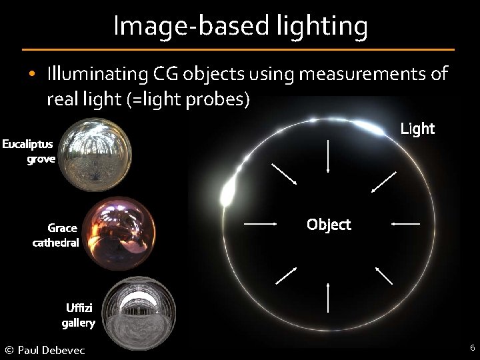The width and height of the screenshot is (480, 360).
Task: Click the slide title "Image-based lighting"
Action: [240, 26]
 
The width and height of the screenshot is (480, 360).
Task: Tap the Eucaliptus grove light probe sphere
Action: [93, 154]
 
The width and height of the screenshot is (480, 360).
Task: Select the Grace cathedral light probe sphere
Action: [120, 231]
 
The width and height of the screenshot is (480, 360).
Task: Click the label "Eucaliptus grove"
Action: [28, 151]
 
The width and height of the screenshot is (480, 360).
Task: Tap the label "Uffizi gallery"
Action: [79, 315]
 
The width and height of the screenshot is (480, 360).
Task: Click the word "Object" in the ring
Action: [329, 225]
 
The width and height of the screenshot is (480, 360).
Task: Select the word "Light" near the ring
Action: [417, 129]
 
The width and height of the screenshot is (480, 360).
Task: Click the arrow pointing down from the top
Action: [329, 157]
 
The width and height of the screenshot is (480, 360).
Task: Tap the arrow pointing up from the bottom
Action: [329, 297]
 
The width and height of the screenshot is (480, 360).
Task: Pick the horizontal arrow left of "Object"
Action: [261, 223]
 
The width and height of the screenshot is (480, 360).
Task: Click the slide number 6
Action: [472, 347]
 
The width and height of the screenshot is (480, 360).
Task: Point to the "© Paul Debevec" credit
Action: [45, 350]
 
